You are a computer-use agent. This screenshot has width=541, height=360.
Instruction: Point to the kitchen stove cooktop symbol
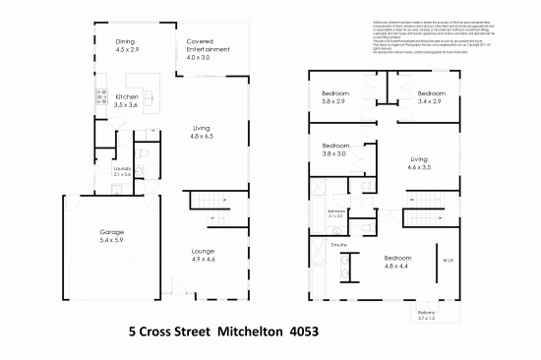99,96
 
